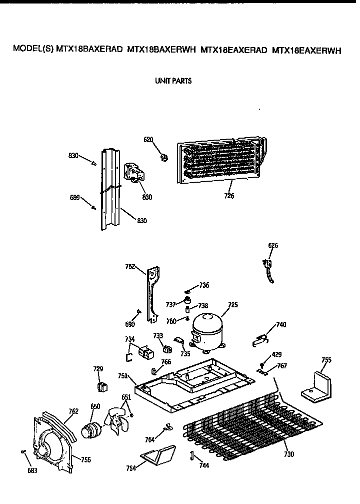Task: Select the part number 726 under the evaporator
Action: pyautogui.click(x=229, y=196)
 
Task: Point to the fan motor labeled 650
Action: pyautogui.click(x=91, y=429)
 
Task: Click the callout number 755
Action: pyautogui.click(x=326, y=360)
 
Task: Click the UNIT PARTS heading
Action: pyautogui.click(x=173, y=81)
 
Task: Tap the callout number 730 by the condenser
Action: pyautogui.click(x=288, y=454)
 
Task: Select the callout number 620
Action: pyautogui.click(x=148, y=140)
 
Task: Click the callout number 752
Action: pyautogui.click(x=131, y=267)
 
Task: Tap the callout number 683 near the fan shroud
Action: pyautogui.click(x=31, y=471)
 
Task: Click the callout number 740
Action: pyautogui.click(x=281, y=325)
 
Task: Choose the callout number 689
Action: pyautogui.click(x=75, y=197)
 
